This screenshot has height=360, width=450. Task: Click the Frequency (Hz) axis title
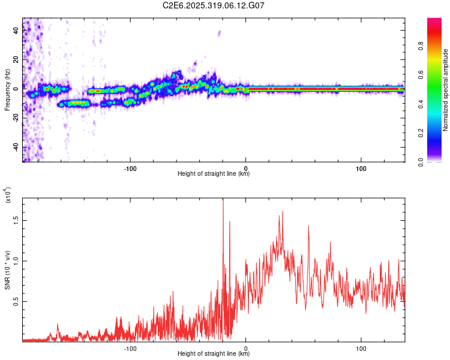pos(7,91)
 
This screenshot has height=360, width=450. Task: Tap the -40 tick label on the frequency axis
pos(16,147)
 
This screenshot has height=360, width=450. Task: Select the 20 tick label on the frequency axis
pos(16,60)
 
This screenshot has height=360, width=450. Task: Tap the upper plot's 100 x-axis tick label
pos(361,167)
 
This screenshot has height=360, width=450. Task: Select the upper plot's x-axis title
pos(214,174)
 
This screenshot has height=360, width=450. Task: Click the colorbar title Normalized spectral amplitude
pos(446,90)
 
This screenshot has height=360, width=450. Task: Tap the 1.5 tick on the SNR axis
pos(16,220)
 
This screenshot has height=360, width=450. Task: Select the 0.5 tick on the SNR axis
pos(16,301)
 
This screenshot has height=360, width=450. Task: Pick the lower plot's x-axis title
pos(214,354)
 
